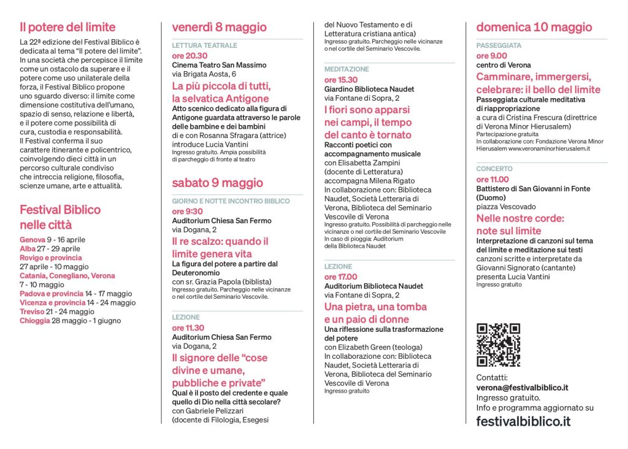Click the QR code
pyautogui.click(x=498, y=345)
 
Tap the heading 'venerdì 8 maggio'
pyautogui.click(x=219, y=28)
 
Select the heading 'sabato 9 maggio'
pyautogui.click(x=217, y=183)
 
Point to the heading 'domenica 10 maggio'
pyautogui.click(x=534, y=28)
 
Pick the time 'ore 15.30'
pyautogui.click(x=340, y=80)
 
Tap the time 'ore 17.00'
pyautogui.click(x=340, y=277)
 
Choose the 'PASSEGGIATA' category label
pyautogui.click(x=499, y=46)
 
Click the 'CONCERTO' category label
pyautogui.click(x=494, y=169)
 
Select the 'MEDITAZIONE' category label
pyautogui.click(x=347, y=69)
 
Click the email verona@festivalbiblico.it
pyautogui.click(x=522, y=388)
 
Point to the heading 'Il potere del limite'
pyautogui.click(x=67, y=27)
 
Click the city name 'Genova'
pyautogui.click(x=32, y=239)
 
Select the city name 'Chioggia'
pyautogui.click(x=34, y=320)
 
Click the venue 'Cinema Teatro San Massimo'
pyautogui.click(x=219, y=65)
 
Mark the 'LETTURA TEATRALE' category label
pyautogui.click(x=204, y=45)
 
